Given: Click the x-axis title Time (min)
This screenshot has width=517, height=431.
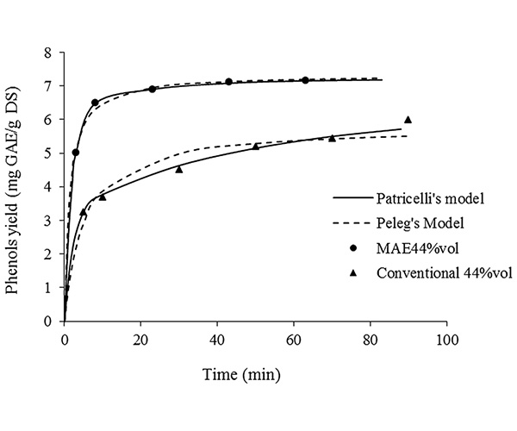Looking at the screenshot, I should point(254,375).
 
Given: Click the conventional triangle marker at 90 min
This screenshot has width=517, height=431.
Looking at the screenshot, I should point(408,120).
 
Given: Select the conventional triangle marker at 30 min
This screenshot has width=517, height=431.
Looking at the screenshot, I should point(179,169).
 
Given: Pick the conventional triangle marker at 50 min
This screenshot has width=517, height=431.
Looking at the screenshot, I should point(256,147).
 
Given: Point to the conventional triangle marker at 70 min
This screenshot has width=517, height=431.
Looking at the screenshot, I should point(332,138).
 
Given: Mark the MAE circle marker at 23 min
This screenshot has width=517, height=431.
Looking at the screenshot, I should point(153,89).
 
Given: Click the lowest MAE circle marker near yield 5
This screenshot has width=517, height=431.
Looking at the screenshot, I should point(76,153).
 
